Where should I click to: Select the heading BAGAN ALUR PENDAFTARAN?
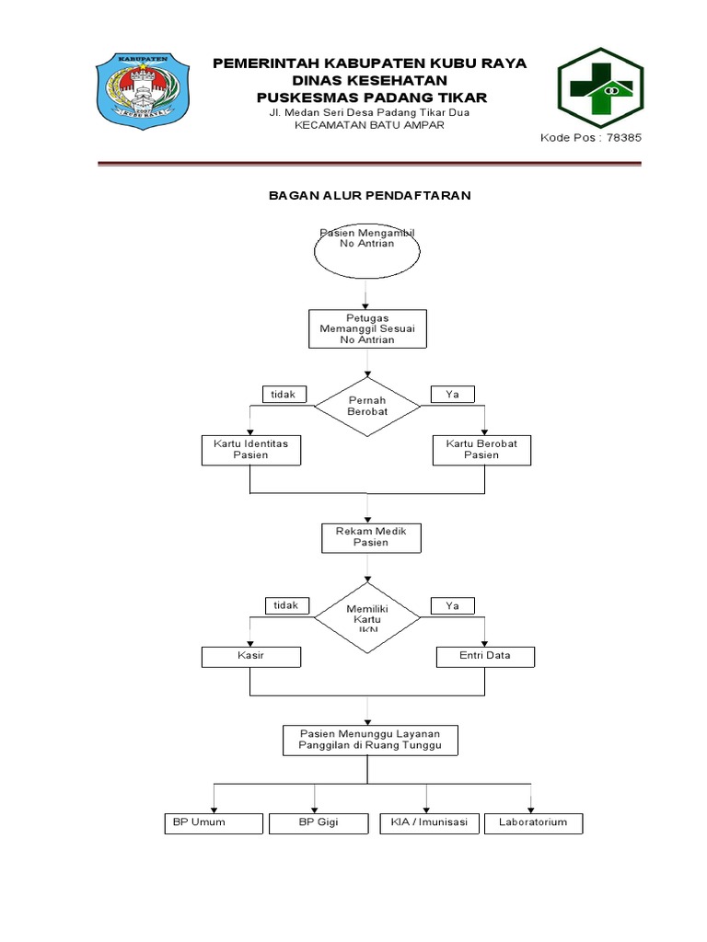click(x=369, y=196)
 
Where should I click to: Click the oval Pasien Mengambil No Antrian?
click(x=368, y=250)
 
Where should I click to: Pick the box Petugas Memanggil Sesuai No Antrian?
click(x=368, y=327)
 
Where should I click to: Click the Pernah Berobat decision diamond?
click(x=368, y=406)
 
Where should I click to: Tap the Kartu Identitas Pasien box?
click(x=250, y=449)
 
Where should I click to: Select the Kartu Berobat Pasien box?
click(x=481, y=449)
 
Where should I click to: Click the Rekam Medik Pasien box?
click(x=371, y=537)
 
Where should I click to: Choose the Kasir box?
click(x=250, y=657)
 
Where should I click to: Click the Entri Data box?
click(x=485, y=657)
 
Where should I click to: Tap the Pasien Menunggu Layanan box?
click(x=370, y=739)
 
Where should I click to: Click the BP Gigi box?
click(x=319, y=822)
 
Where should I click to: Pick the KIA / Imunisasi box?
click(x=429, y=822)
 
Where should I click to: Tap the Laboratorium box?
click(x=534, y=822)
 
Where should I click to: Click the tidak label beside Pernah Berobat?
click(x=284, y=394)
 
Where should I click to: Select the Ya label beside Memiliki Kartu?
click(x=453, y=605)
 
